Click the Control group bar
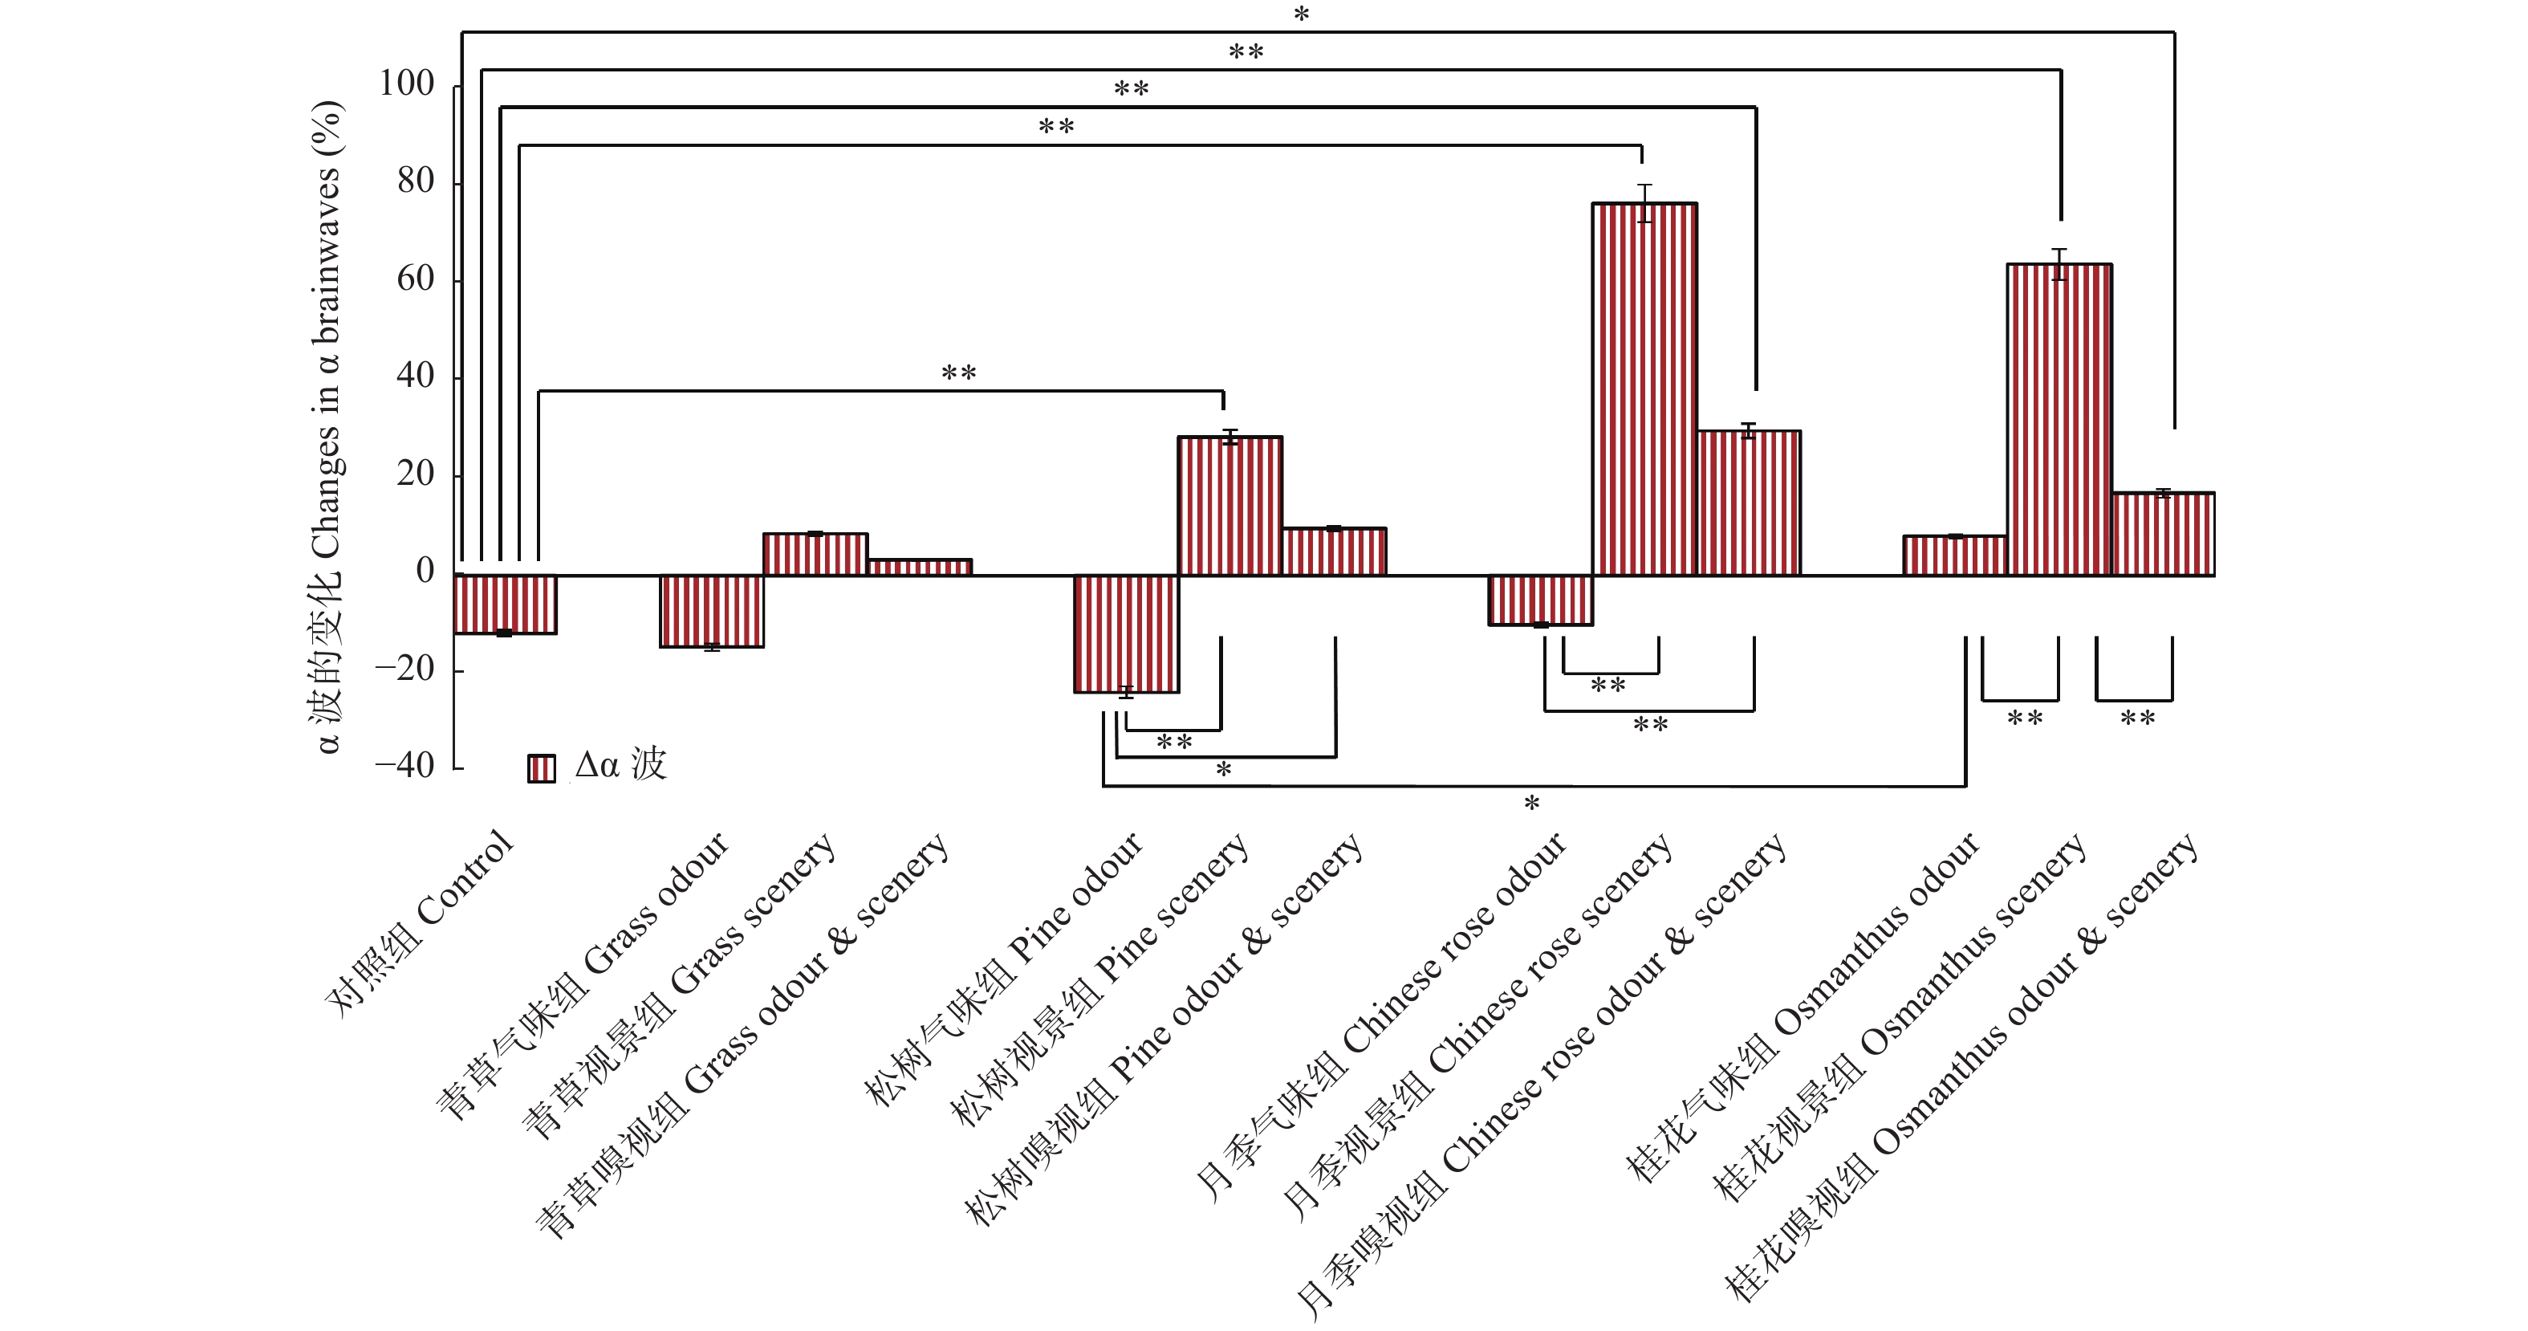[x=506, y=604]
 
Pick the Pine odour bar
[x=1126, y=634]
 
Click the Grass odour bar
[x=712, y=611]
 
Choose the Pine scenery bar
[x=1229, y=506]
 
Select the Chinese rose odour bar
[x=1540, y=600]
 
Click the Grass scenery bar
[x=815, y=555]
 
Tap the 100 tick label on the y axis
[x=406, y=83]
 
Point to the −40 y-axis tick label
[x=404, y=766]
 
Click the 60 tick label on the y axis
[x=415, y=279]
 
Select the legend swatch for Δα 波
[x=541, y=767]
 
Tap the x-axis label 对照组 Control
[x=420, y=922]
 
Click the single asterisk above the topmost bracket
[x=1301, y=14]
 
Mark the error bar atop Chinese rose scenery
[x=1644, y=203]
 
